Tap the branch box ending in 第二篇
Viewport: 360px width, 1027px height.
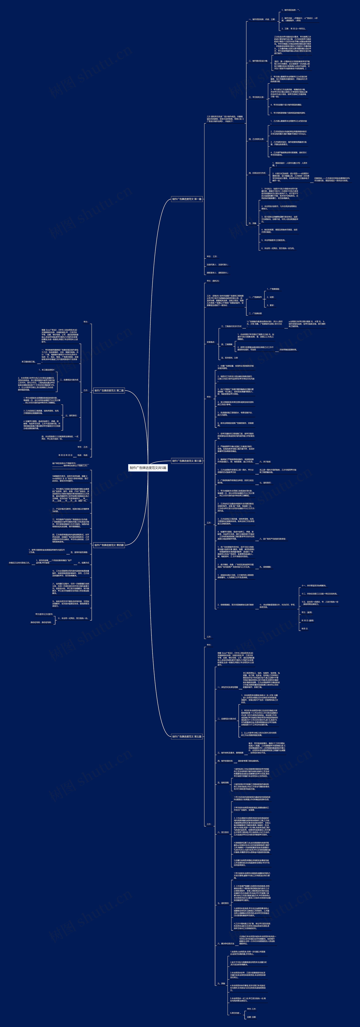point(109,391)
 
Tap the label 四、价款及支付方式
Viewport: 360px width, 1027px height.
point(257,173)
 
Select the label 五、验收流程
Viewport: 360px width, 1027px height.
point(223,783)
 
